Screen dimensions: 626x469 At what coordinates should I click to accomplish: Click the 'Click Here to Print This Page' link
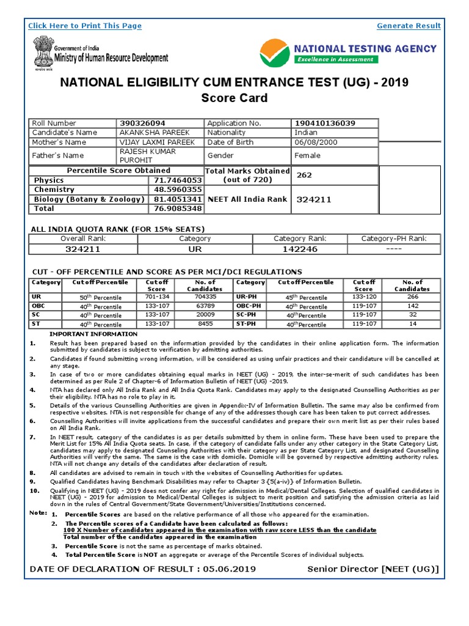click(x=85, y=26)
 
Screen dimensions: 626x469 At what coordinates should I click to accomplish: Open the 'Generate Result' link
click(x=409, y=26)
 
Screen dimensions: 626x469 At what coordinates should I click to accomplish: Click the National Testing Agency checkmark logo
click(x=275, y=54)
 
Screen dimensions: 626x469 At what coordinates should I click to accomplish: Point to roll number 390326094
click(x=142, y=123)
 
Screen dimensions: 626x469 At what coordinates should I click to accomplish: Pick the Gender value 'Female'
click(x=308, y=156)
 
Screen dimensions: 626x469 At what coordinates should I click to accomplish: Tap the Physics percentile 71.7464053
click(x=178, y=180)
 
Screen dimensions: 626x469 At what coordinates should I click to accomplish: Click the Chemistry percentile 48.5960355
click(x=178, y=190)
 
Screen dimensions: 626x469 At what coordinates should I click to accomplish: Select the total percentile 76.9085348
click(x=178, y=208)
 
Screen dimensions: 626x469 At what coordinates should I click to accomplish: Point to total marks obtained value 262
click(x=304, y=175)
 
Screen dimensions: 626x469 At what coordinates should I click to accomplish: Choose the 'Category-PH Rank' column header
click(x=393, y=238)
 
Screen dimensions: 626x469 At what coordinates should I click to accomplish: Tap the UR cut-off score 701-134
click(x=157, y=297)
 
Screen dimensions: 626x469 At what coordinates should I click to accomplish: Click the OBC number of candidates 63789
click(x=205, y=306)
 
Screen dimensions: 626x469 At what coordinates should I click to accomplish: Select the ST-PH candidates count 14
click(x=413, y=324)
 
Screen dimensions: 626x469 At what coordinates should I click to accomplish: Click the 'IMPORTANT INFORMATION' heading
click(x=93, y=334)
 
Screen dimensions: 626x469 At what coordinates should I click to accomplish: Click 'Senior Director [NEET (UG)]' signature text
click(x=373, y=569)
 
